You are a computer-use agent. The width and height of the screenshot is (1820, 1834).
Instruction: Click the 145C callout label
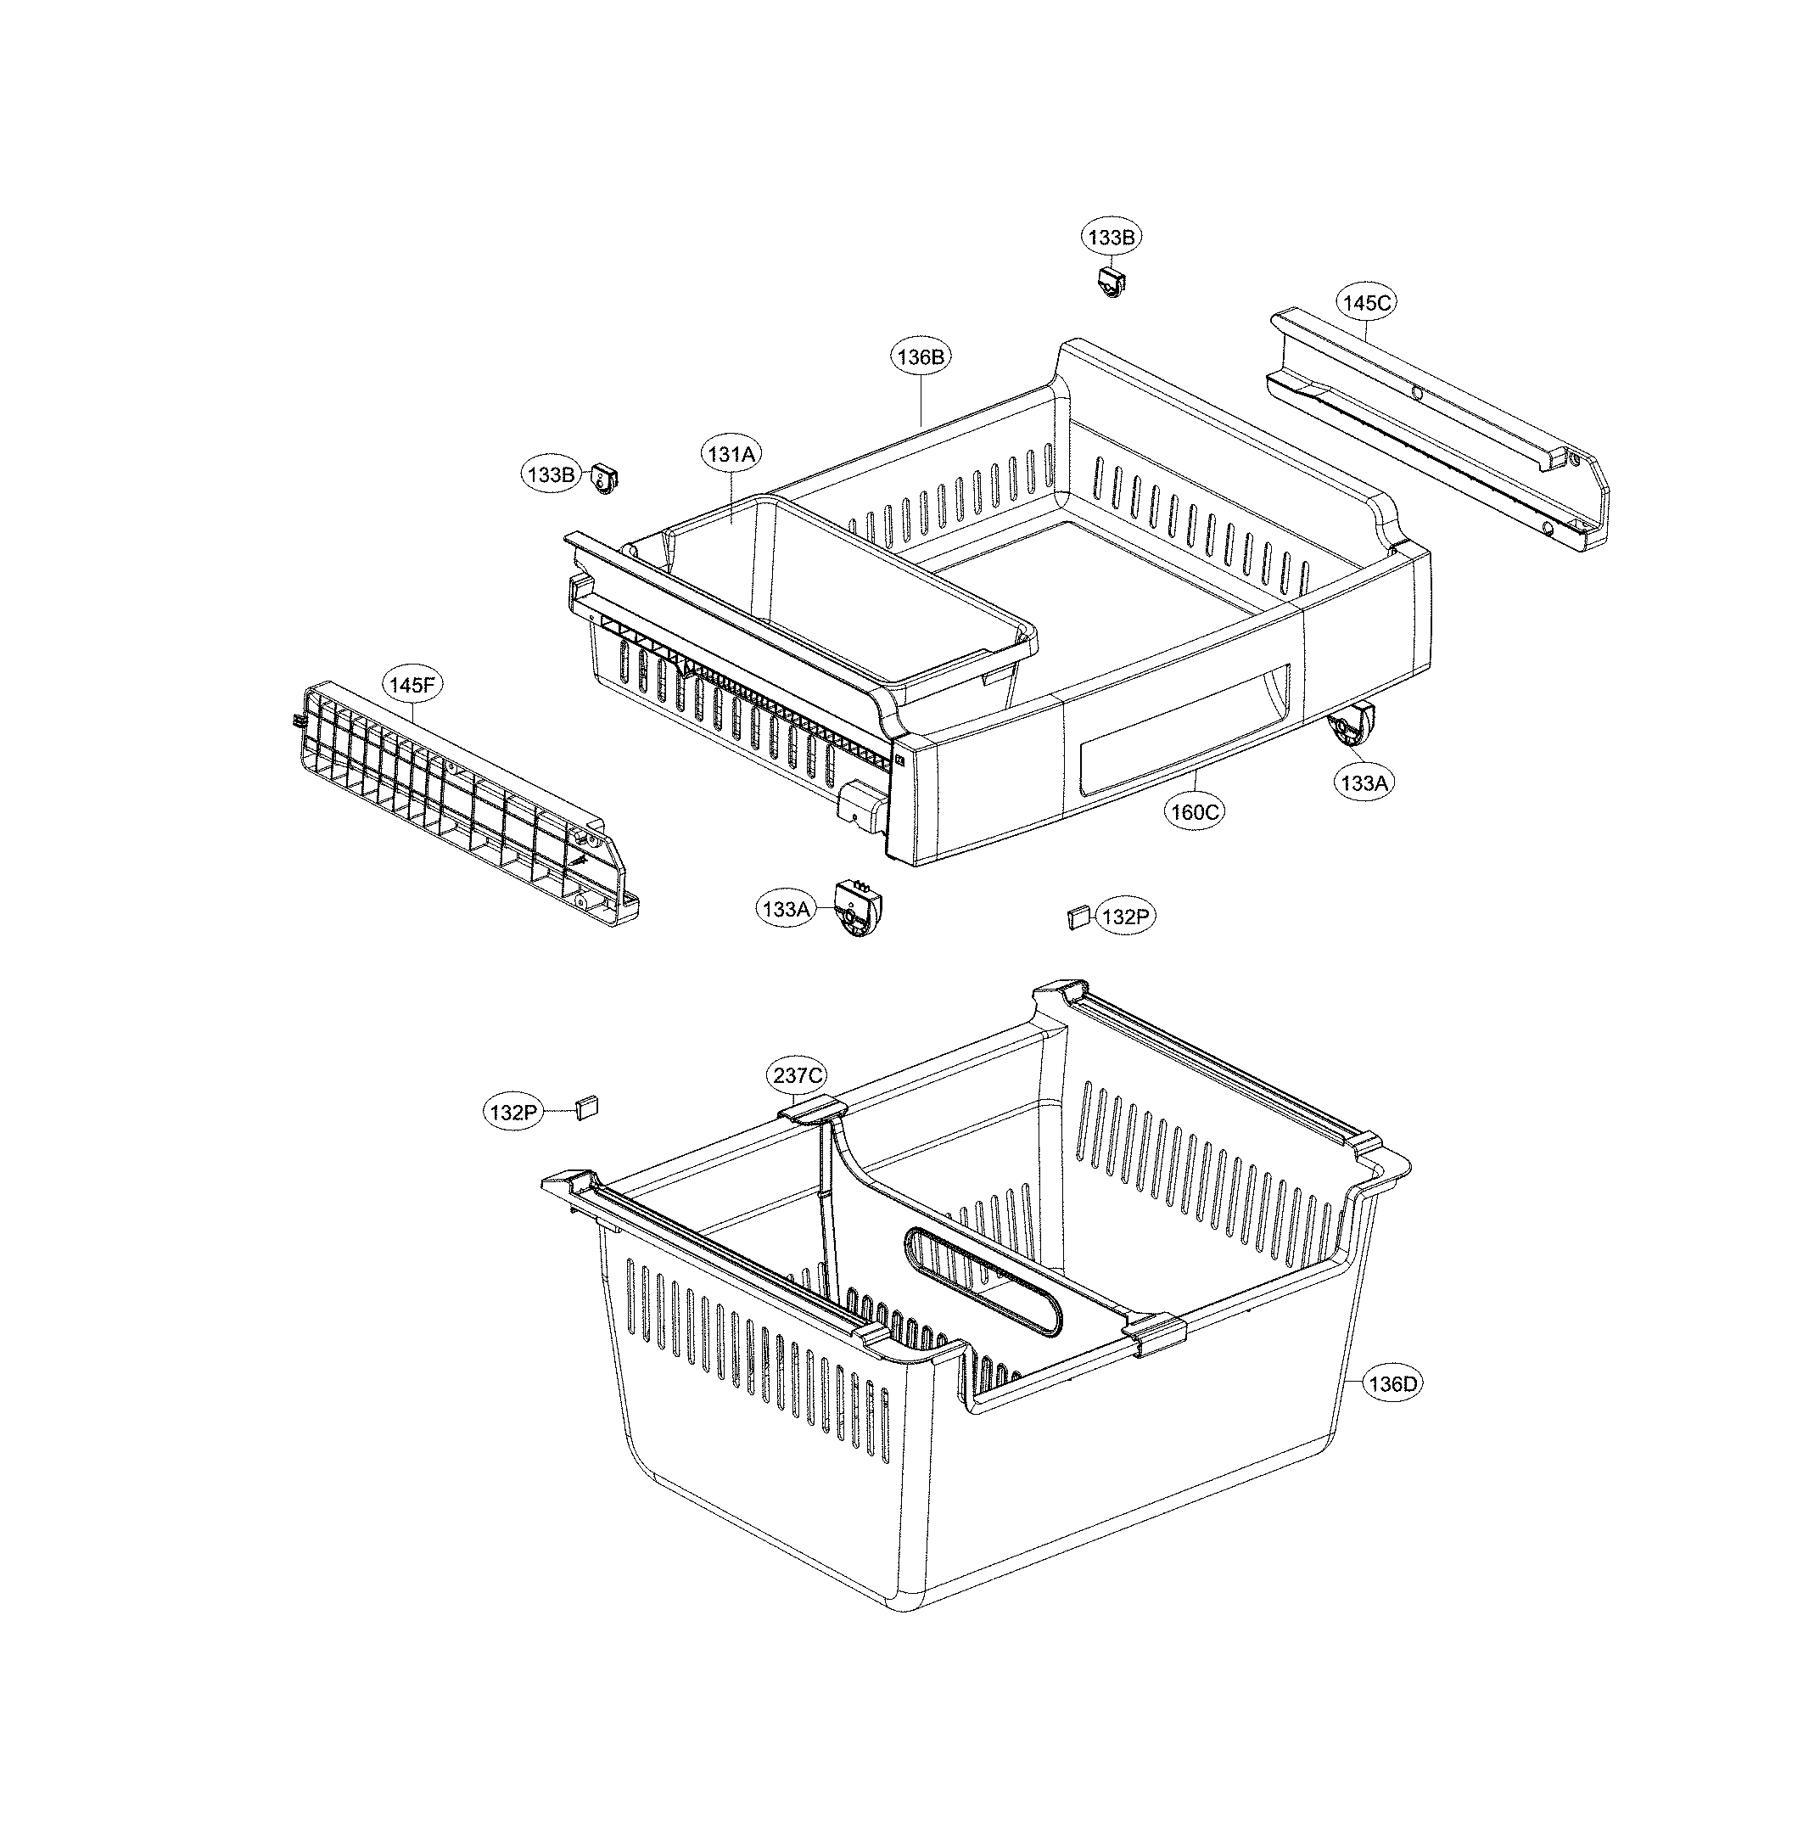[x=1366, y=303]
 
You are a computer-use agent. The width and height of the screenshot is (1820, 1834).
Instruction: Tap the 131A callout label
[x=731, y=455]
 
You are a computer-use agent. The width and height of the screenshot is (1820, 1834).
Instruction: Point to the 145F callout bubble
[x=412, y=683]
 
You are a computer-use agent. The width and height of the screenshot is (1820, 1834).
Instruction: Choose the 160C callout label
[x=1194, y=811]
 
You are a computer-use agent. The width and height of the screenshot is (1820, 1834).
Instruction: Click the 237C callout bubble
[x=797, y=1075]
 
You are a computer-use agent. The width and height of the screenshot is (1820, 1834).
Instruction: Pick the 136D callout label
[x=1393, y=1384]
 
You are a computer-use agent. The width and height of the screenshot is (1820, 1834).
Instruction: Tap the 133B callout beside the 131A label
[x=552, y=474]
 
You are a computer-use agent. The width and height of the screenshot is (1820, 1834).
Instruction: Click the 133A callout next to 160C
[x=1364, y=783]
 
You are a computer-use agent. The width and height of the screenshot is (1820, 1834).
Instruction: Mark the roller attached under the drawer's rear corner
[x=1349, y=728]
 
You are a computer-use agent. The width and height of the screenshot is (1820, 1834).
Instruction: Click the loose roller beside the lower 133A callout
[x=857, y=911]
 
